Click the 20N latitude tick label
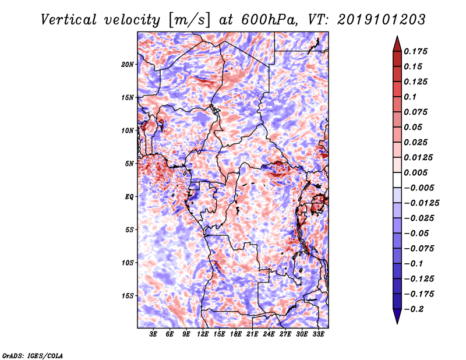click(128, 64)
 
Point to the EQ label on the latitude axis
click(129, 197)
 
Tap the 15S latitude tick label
click(128, 296)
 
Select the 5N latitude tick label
click(129, 164)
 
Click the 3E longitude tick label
click(154, 334)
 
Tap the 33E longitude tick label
click(319, 334)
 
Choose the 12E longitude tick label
click(203, 334)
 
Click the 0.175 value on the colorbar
click(418, 51)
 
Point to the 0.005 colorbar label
click(418, 172)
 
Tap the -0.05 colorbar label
click(418, 233)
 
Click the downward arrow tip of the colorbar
click(397, 322)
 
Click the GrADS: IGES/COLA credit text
click(33, 355)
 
